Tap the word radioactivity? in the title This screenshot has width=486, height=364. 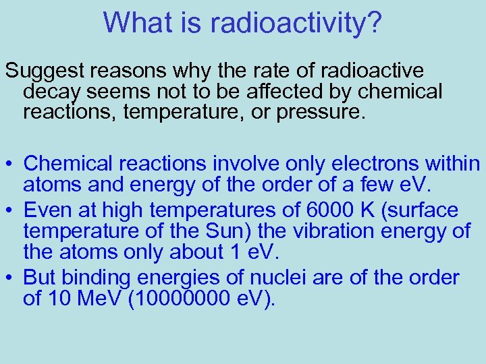point(296,24)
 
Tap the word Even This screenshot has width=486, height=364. point(46,210)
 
